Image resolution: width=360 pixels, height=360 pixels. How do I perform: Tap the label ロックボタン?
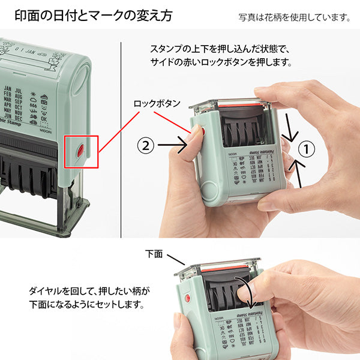(x=157, y=103)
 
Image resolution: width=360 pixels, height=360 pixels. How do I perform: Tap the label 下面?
(x=154, y=254)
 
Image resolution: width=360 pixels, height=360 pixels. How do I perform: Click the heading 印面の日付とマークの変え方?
(x=92, y=16)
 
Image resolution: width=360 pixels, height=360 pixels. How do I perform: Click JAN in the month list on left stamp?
(x=8, y=88)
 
